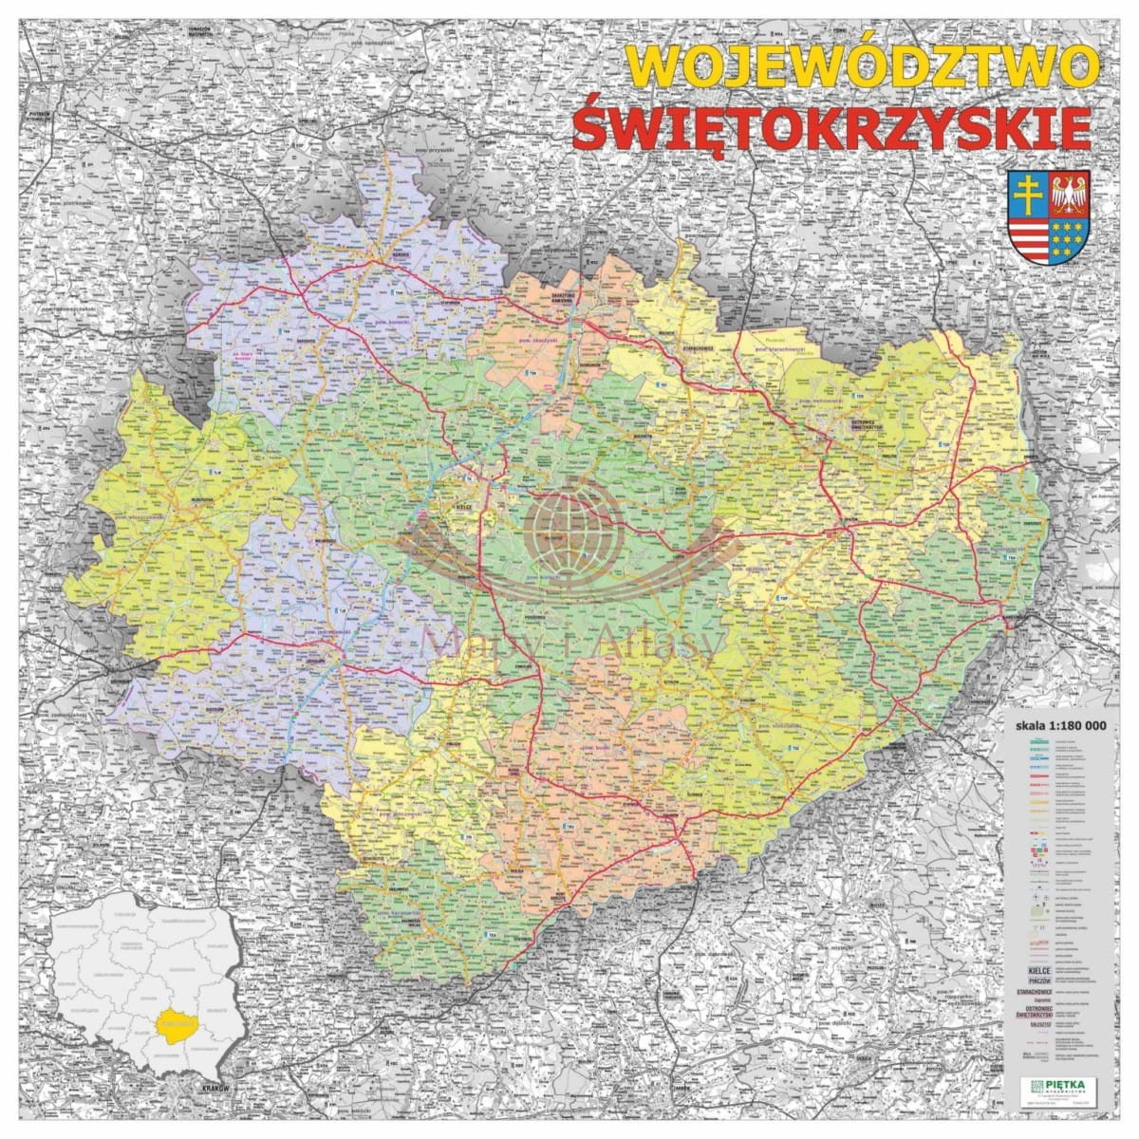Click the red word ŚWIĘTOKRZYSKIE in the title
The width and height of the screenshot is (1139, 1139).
(x=831, y=127)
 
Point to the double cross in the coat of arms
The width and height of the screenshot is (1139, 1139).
(x=1030, y=196)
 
